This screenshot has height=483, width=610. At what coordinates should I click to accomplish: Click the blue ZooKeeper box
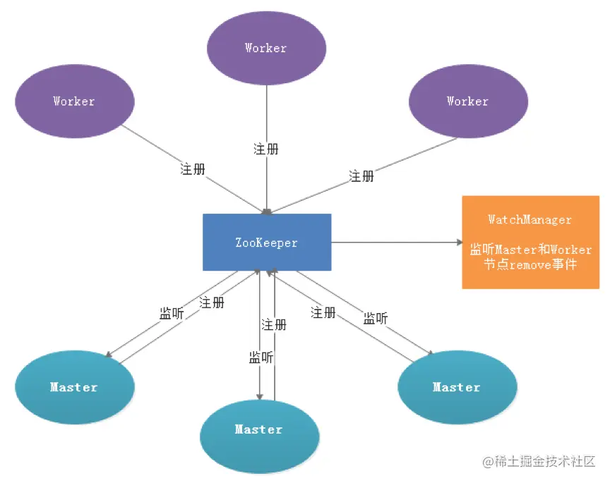point(267,242)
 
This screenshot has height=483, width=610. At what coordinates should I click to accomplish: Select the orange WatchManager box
point(531,242)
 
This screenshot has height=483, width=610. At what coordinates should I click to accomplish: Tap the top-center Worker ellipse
point(266,48)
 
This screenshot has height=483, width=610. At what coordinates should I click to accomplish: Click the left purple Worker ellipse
point(75,101)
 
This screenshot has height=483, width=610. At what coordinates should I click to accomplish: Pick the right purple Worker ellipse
point(468,101)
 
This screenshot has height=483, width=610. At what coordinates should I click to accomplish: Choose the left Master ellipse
point(75,387)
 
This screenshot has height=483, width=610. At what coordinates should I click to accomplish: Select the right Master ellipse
point(457,387)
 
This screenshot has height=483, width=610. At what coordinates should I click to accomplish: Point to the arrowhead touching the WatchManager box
point(460,242)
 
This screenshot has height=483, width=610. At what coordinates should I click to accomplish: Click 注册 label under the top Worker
point(266,149)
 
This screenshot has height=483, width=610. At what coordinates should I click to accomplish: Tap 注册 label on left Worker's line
point(193,169)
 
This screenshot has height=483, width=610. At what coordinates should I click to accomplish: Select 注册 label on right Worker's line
point(361,176)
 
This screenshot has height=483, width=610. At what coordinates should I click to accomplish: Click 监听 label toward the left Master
point(172,313)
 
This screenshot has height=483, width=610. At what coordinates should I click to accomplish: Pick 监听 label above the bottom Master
point(261,357)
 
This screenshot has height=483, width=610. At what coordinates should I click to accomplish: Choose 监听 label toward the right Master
point(376,318)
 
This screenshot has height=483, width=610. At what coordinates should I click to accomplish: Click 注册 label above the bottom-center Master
point(274,324)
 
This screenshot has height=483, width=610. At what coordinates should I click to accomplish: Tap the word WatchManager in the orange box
point(530,219)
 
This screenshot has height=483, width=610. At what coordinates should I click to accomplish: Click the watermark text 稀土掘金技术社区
point(544,461)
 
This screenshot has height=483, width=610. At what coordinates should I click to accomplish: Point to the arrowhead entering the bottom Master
point(260,397)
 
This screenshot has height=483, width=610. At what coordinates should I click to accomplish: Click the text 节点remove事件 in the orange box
point(530,264)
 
